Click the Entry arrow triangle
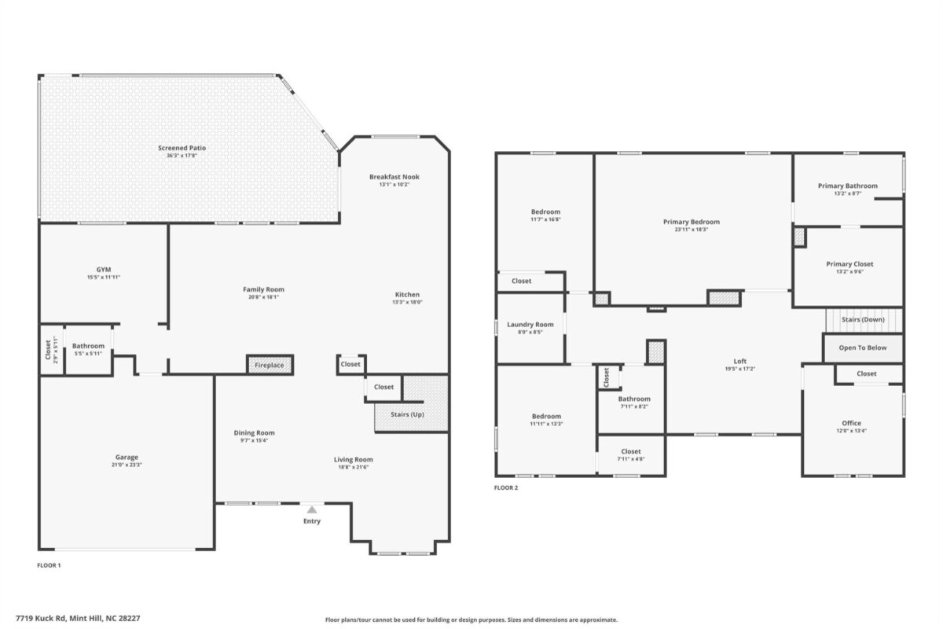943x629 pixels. (311, 510)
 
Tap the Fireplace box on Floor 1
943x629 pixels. (270, 365)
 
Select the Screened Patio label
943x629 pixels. (182, 148)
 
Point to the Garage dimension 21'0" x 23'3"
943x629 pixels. (127, 465)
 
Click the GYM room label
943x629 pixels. (104, 270)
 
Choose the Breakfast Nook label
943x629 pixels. (394, 177)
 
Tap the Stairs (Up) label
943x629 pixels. (407, 414)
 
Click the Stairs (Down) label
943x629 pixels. (863, 319)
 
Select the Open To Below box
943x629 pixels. (863, 348)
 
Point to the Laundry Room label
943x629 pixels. (530, 325)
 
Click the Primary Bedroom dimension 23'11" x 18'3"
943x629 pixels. (692, 230)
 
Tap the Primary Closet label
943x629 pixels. (849, 264)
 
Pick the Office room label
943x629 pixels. (851, 423)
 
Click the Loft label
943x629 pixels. (740, 361)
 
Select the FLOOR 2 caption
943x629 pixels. (506, 487)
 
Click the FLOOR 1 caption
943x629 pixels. (49, 565)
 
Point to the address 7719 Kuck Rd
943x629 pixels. (41, 619)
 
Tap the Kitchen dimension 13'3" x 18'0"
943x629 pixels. (407, 302)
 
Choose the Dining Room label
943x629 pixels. (255, 432)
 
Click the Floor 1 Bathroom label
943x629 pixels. (88, 346)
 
